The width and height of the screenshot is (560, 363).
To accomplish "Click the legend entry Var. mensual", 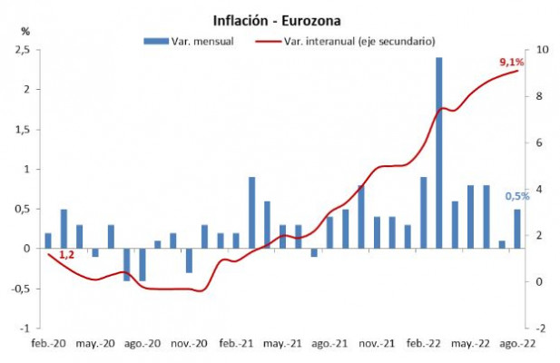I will coord(189,41).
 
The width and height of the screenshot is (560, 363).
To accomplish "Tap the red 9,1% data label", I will coord(511,62).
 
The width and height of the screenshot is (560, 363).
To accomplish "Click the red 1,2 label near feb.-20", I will coord(65,257).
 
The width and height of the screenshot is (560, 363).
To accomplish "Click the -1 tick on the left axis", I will coord(30,328).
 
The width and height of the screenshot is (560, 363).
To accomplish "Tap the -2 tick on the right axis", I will coord(541,328).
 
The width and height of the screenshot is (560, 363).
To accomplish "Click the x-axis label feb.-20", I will coord(47,345).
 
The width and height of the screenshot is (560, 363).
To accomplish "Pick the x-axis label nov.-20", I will coord(190,345).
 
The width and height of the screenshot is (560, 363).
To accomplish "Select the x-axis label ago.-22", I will coord(517,345).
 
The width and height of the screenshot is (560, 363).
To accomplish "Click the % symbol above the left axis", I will coord(25,32).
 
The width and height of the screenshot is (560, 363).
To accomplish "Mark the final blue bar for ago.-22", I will coord(517,229).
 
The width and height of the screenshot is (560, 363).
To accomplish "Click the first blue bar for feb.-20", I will coord(48,240).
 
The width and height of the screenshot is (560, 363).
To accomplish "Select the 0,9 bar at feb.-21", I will coord(251,212).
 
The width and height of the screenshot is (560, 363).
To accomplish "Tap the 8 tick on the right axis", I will coord(541,95).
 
